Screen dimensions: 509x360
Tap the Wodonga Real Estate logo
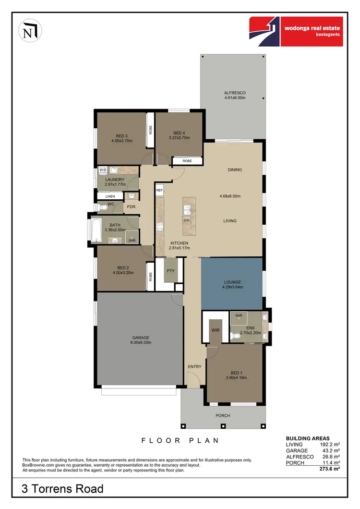295,31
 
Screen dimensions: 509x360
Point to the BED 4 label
179,133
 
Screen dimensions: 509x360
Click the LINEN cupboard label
110,196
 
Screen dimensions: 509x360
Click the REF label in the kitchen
159,191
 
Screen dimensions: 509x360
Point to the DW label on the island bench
187,220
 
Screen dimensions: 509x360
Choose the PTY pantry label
170,270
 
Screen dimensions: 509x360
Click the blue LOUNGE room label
232,282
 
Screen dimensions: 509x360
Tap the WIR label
215,330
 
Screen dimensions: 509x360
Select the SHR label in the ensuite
238,315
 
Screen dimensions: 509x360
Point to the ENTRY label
194,367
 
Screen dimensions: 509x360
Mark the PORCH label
223,415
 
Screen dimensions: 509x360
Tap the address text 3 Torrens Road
62,489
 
